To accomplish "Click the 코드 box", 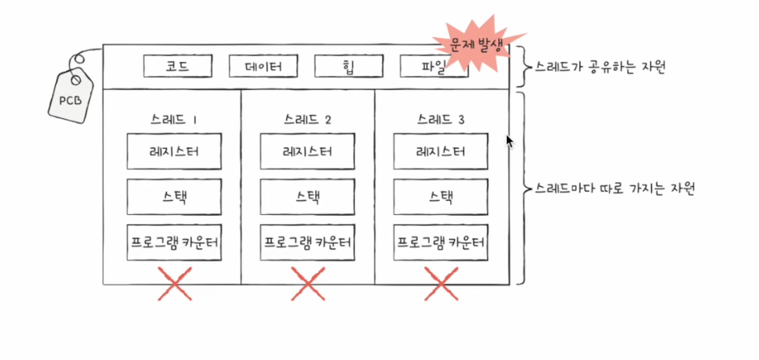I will [x=177, y=67].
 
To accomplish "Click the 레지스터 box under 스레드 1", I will [x=174, y=151].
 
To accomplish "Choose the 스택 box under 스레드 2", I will [x=307, y=196].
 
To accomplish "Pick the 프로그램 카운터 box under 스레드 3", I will [x=441, y=242].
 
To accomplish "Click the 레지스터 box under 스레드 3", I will [x=441, y=151].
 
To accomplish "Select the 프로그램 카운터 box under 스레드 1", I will [x=174, y=242].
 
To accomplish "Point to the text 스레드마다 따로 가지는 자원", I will [x=612, y=189].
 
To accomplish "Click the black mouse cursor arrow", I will [x=509, y=141].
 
